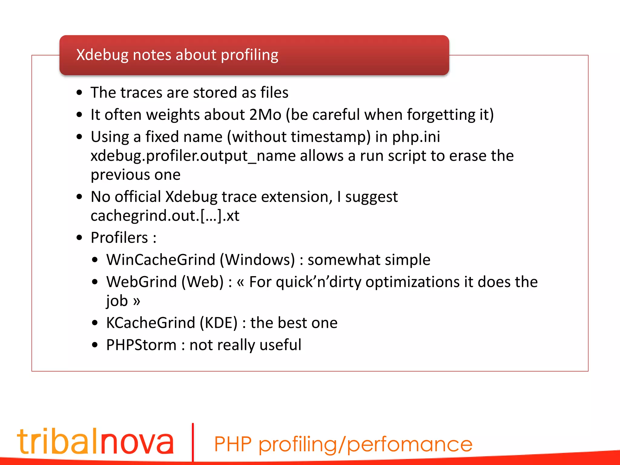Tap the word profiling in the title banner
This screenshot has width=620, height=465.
[249, 55]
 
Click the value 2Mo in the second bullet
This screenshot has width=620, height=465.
[265, 115]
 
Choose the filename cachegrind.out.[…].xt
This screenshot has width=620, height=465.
[165, 216]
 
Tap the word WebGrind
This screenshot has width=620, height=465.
[141, 282]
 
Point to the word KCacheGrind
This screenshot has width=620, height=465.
[150, 323]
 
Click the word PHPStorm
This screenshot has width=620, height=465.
[141, 345]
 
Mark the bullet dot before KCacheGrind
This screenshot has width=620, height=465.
[95, 323]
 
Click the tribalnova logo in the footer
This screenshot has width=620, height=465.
[95, 441]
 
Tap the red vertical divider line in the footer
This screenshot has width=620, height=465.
[193, 442]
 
